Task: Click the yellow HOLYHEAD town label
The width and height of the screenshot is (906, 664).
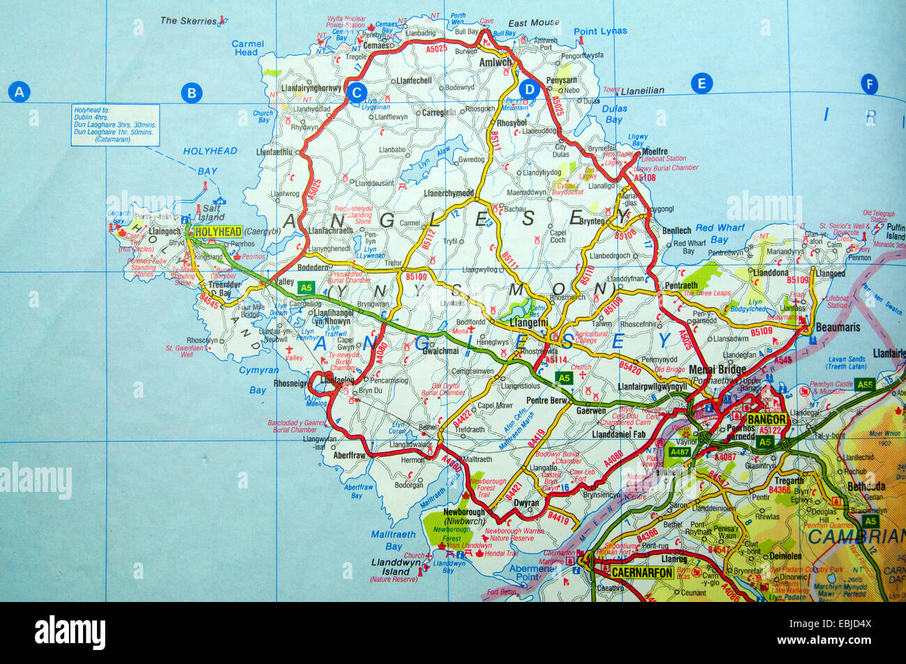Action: (x=219, y=232)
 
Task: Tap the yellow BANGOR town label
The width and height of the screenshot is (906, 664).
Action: (x=767, y=419)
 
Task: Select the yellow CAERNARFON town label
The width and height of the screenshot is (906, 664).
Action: (x=642, y=573)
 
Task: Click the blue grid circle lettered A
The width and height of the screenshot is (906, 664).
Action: (x=20, y=92)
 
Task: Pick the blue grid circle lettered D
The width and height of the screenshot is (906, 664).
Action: (x=530, y=89)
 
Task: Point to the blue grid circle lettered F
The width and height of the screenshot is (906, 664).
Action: (x=868, y=84)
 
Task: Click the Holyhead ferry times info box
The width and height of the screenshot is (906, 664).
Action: (x=116, y=125)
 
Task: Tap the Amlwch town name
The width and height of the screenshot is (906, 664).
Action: (x=496, y=62)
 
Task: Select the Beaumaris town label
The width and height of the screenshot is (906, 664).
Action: (x=839, y=327)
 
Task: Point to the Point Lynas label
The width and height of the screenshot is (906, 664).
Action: (x=600, y=31)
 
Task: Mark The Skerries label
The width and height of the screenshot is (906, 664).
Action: (x=188, y=21)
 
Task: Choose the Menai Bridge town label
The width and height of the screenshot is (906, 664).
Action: (x=717, y=369)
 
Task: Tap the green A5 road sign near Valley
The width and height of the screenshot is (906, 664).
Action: (x=305, y=286)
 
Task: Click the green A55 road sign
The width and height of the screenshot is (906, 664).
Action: (x=865, y=384)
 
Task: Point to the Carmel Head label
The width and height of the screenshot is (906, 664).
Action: (x=247, y=47)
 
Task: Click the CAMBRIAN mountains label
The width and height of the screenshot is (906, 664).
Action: (x=857, y=536)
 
